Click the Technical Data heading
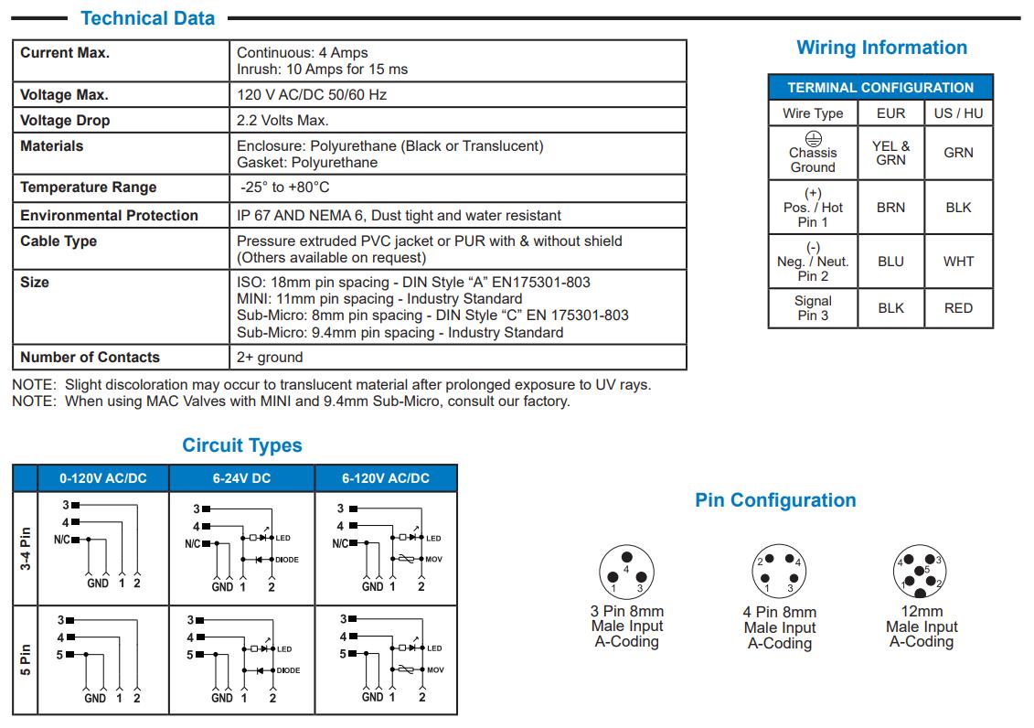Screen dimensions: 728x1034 [147, 18]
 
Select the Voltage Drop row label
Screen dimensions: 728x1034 [65, 121]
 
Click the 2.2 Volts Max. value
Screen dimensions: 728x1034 [282, 121]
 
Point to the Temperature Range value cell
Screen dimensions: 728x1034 [284, 187]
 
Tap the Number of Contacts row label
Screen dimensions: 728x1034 [90, 358]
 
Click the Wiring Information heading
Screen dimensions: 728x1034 [881, 48]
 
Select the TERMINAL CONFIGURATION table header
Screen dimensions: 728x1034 [880, 88]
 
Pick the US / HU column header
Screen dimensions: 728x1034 [958, 113]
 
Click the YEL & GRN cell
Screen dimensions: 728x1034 [890, 153]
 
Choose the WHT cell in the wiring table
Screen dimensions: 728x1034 [958, 262]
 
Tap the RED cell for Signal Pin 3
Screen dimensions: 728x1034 [958, 308]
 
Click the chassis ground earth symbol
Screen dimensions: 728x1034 [813, 138]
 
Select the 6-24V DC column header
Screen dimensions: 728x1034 [241, 478]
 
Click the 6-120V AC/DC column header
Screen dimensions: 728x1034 [386, 478]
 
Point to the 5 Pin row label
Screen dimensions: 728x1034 [26, 660]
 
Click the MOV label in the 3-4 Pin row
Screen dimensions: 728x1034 [433, 559]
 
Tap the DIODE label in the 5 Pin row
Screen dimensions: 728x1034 [288, 670]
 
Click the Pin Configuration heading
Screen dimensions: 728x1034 [775, 500]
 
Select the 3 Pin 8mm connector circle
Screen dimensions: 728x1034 [626, 573]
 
